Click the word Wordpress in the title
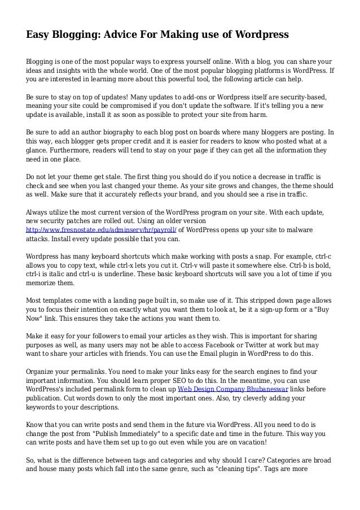pyautogui.click(x=260, y=36)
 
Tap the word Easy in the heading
pyautogui.click(x=38, y=36)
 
